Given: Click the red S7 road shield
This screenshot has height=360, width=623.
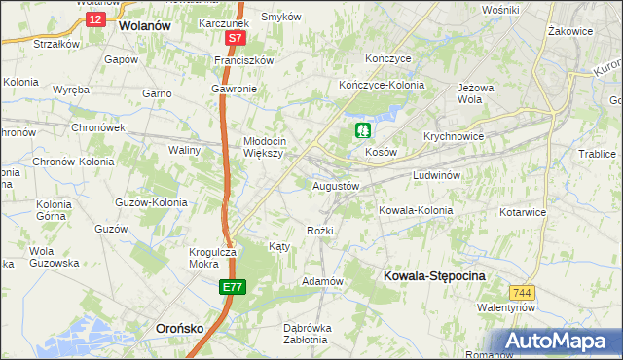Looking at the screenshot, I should pos(234,39).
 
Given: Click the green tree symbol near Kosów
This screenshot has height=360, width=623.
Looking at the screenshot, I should pos(363,129).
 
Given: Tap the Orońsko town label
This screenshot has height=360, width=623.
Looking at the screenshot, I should pos(180,329).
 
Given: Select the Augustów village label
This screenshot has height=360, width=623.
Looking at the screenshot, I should pos(336,185).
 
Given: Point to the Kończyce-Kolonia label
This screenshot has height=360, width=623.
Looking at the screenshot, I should pos(382,86).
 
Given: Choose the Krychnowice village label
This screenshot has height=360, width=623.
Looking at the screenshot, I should pos(454,136).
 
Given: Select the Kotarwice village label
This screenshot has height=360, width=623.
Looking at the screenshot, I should pos(526,211).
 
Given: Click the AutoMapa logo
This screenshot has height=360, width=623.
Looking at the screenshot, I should pos(558,341).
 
